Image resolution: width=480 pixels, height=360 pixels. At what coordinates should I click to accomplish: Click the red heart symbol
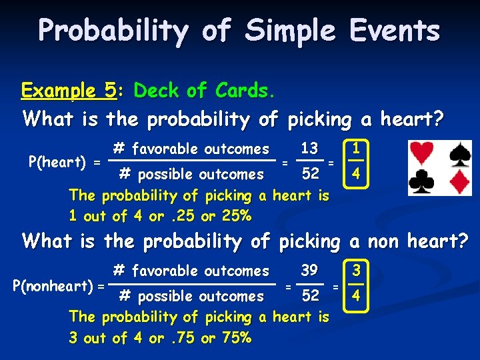[421, 154]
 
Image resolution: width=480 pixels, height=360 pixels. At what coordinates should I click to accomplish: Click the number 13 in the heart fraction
[309, 149]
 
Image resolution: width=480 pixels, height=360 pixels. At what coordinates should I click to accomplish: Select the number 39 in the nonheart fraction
[309, 270]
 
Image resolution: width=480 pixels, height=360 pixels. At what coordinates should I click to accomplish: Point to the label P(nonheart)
[54, 285]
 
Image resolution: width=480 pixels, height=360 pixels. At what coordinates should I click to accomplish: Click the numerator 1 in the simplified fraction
[357, 148]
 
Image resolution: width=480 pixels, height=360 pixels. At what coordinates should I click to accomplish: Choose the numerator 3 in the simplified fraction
[357, 270]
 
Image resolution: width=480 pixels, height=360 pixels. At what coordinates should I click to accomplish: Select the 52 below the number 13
[310, 174]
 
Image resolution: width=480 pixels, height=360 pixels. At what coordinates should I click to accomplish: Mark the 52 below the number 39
[310, 295]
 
